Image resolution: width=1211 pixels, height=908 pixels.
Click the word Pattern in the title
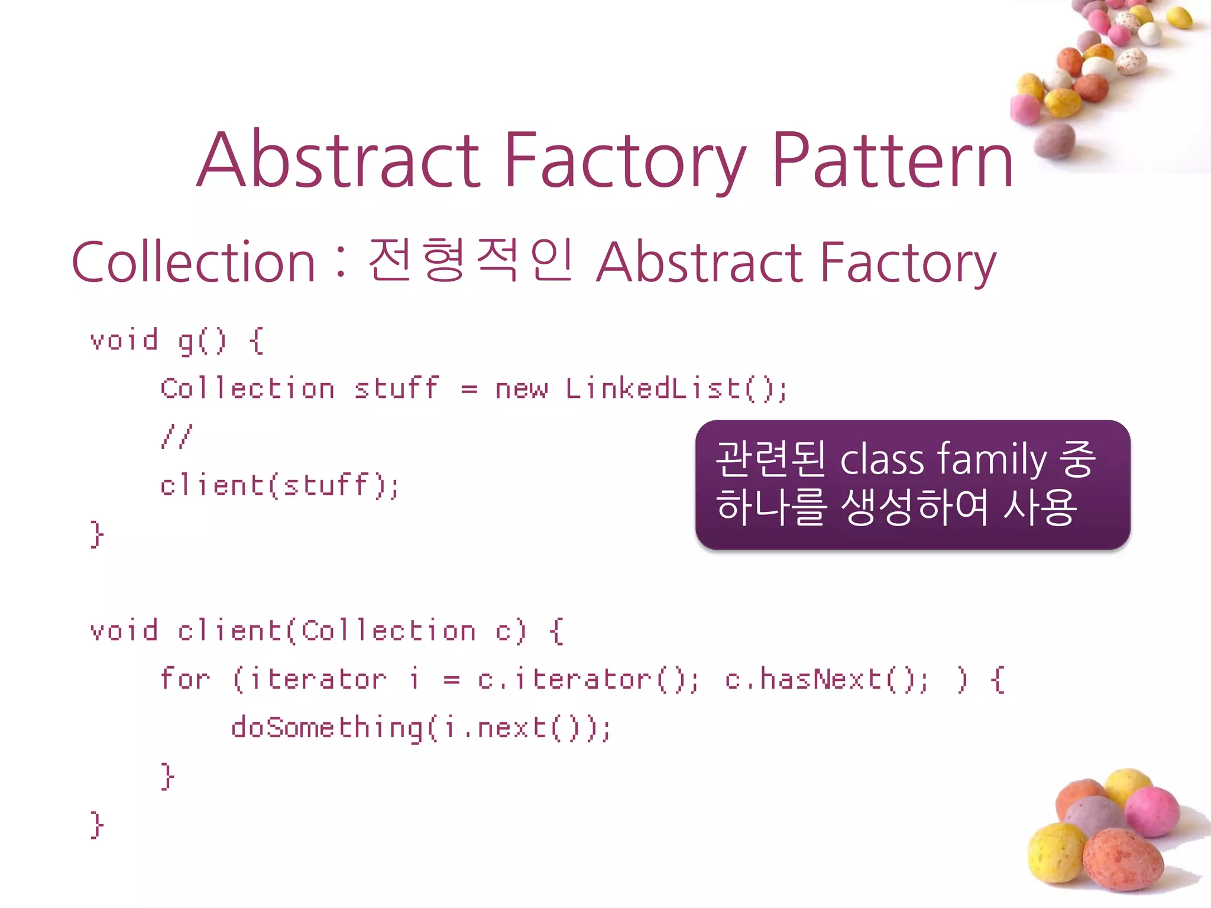[x=893, y=161]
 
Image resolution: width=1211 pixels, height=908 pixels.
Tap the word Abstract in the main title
[x=338, y=161]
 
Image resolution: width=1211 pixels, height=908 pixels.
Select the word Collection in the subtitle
[x=193, y=262]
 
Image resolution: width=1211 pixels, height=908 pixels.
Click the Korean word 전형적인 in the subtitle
[x=471, y=260]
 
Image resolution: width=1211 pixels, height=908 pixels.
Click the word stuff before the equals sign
[x=396, y=389]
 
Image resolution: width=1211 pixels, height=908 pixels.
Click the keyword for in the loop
[x=184, y=679]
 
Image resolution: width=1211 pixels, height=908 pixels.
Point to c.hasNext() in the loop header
[x=825, y=679]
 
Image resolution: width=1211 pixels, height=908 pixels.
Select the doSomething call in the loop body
[x=327, y=728]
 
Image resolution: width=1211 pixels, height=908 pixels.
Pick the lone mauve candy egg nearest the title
[x=1054, y=141]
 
